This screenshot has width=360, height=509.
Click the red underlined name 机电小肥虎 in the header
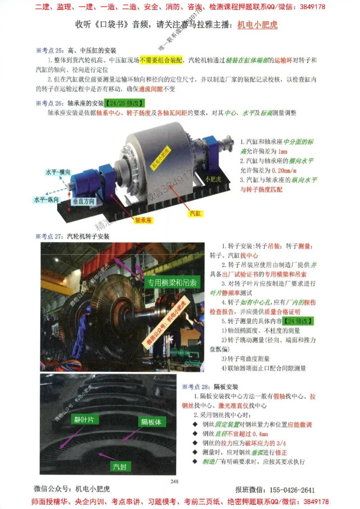tap(257, 25)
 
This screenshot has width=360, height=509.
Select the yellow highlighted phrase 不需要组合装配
tap(161, 60)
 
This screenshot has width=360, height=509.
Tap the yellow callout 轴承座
tap(144, 221)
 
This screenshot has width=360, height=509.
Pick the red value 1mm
tap(283, 151)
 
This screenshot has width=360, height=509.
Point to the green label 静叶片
tap(84, 420)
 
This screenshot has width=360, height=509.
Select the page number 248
tap(175, 482)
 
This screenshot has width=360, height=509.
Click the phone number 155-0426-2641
tap(288, 490)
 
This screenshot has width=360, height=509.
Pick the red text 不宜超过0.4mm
tap(247, 434)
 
